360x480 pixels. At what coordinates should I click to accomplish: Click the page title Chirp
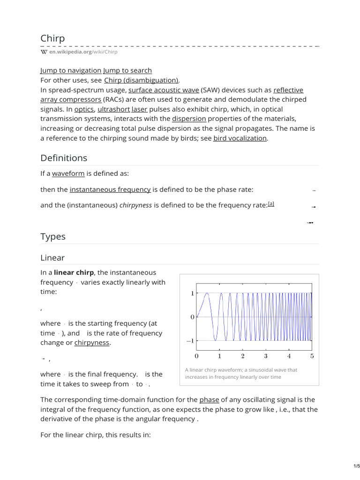52,38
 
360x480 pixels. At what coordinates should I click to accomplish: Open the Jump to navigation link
71,70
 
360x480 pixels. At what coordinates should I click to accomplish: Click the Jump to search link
127,70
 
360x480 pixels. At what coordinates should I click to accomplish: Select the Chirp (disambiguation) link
141,80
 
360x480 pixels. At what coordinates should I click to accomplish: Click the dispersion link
189,119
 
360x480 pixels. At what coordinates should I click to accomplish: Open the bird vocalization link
240,138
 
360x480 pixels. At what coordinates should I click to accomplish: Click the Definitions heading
64,158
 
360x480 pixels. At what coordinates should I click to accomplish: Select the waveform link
68,173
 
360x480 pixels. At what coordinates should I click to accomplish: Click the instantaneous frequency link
110,189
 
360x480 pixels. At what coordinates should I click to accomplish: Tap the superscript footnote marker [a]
271,204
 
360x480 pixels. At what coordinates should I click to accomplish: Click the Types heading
53,237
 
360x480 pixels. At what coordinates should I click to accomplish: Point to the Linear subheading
52,258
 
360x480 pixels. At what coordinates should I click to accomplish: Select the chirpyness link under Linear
92,343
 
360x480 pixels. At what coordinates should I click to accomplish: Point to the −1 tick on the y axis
190,341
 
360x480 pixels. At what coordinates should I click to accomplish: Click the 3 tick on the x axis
266,356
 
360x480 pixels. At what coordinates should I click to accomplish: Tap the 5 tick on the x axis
312,356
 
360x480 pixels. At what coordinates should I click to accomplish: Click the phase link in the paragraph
209,400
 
